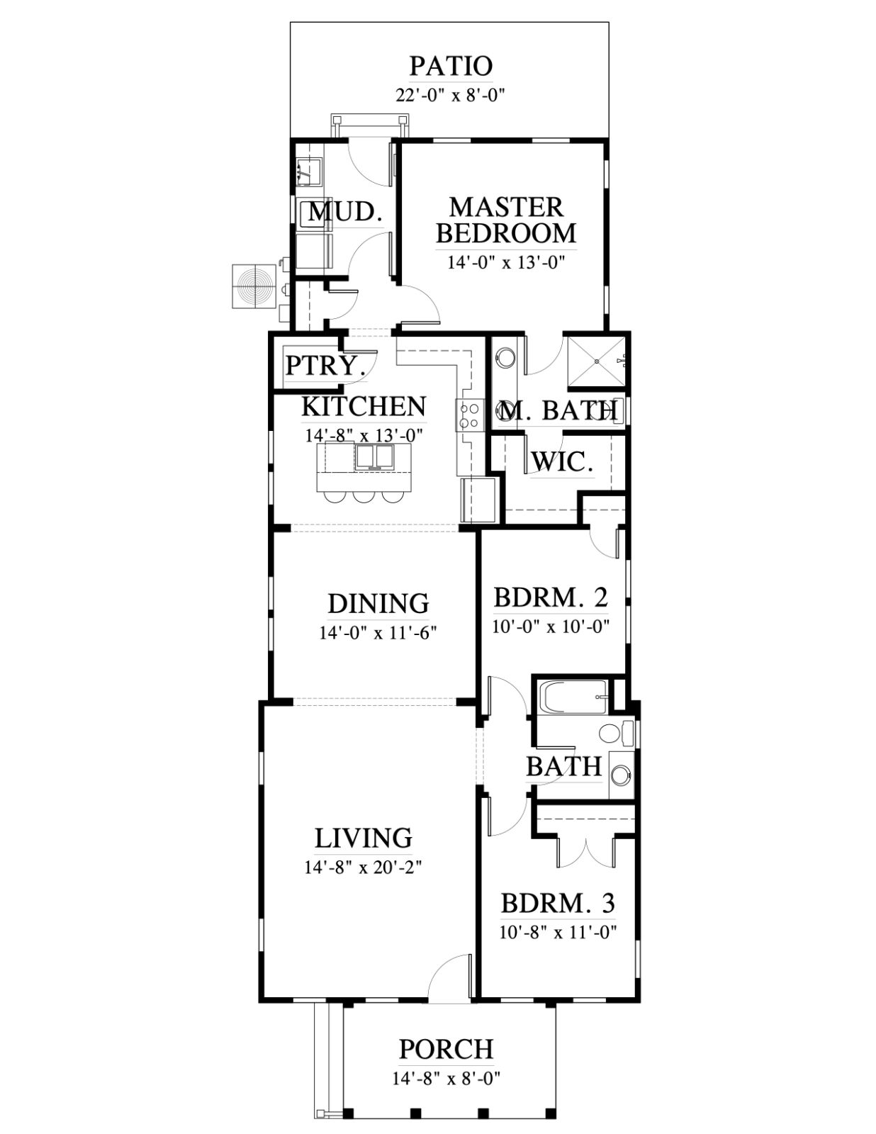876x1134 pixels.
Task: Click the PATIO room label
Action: (451, 67)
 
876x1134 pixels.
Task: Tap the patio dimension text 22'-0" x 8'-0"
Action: (451, 96)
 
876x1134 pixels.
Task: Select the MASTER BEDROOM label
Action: (506, 220)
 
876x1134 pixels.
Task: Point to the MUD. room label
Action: (346, 212)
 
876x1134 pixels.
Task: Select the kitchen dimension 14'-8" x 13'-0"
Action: (364, 435)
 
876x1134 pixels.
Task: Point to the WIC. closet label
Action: (562, 461)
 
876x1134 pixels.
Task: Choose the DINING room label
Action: (378, 603)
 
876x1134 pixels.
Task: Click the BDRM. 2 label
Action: (551, 597)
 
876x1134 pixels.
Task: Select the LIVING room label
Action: (363, 838)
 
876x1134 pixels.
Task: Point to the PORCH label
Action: (447, 1049)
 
